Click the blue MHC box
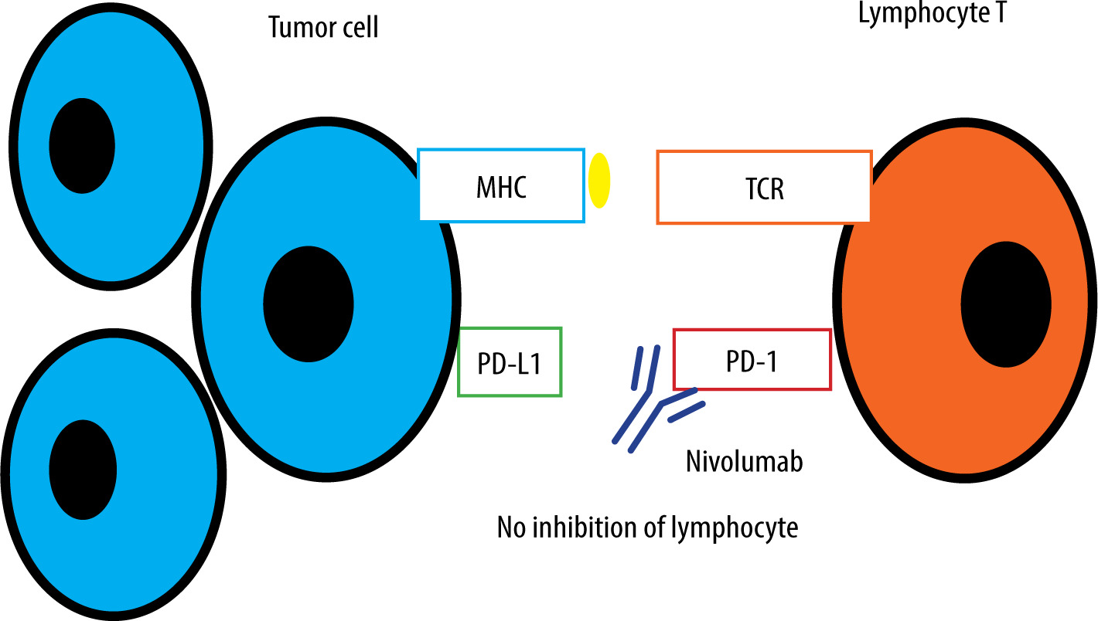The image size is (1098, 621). (x=501, y=185)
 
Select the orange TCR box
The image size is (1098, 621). (x=764, y=187)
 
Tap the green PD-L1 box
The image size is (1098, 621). (x=510, y=362)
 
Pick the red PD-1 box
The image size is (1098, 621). (x=752, y=359)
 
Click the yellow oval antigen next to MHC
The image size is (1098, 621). (x=599, y=181)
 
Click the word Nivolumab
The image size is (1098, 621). (x=744, y=462)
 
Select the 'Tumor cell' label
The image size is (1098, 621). (x=323, y=28)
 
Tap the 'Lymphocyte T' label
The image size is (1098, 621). (x=932, y=13)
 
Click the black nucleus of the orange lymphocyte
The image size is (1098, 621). (x=1006, y=304)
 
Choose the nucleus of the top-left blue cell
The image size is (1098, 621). (x=82, y=145)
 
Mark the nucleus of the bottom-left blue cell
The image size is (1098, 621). (x=83, y=470)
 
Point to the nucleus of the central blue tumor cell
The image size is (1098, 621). (x=308, y=304)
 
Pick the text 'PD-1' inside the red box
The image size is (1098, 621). (x=752, y=360)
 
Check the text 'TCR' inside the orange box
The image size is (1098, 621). (x=764, y=188)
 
